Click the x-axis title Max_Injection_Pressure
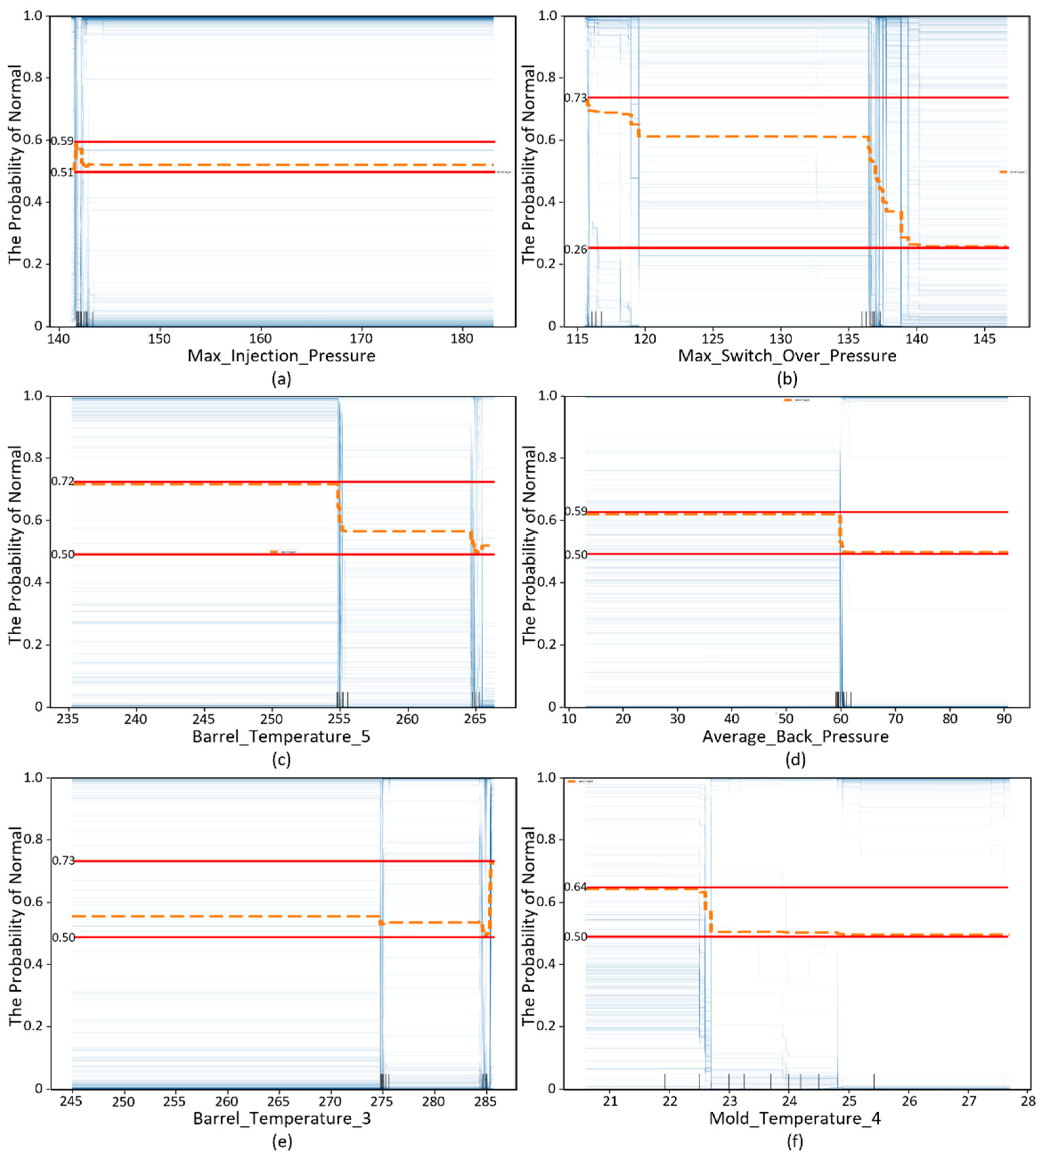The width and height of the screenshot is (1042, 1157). (281, 356)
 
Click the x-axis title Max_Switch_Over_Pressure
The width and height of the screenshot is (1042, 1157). (787, 356)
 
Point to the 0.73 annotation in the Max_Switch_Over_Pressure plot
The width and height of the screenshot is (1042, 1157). (575, 98)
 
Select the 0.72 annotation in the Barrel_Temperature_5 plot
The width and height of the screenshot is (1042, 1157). (62, 481)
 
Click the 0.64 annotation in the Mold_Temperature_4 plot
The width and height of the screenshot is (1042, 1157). (575, 887)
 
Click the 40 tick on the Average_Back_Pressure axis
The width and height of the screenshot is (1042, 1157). (732, 719)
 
